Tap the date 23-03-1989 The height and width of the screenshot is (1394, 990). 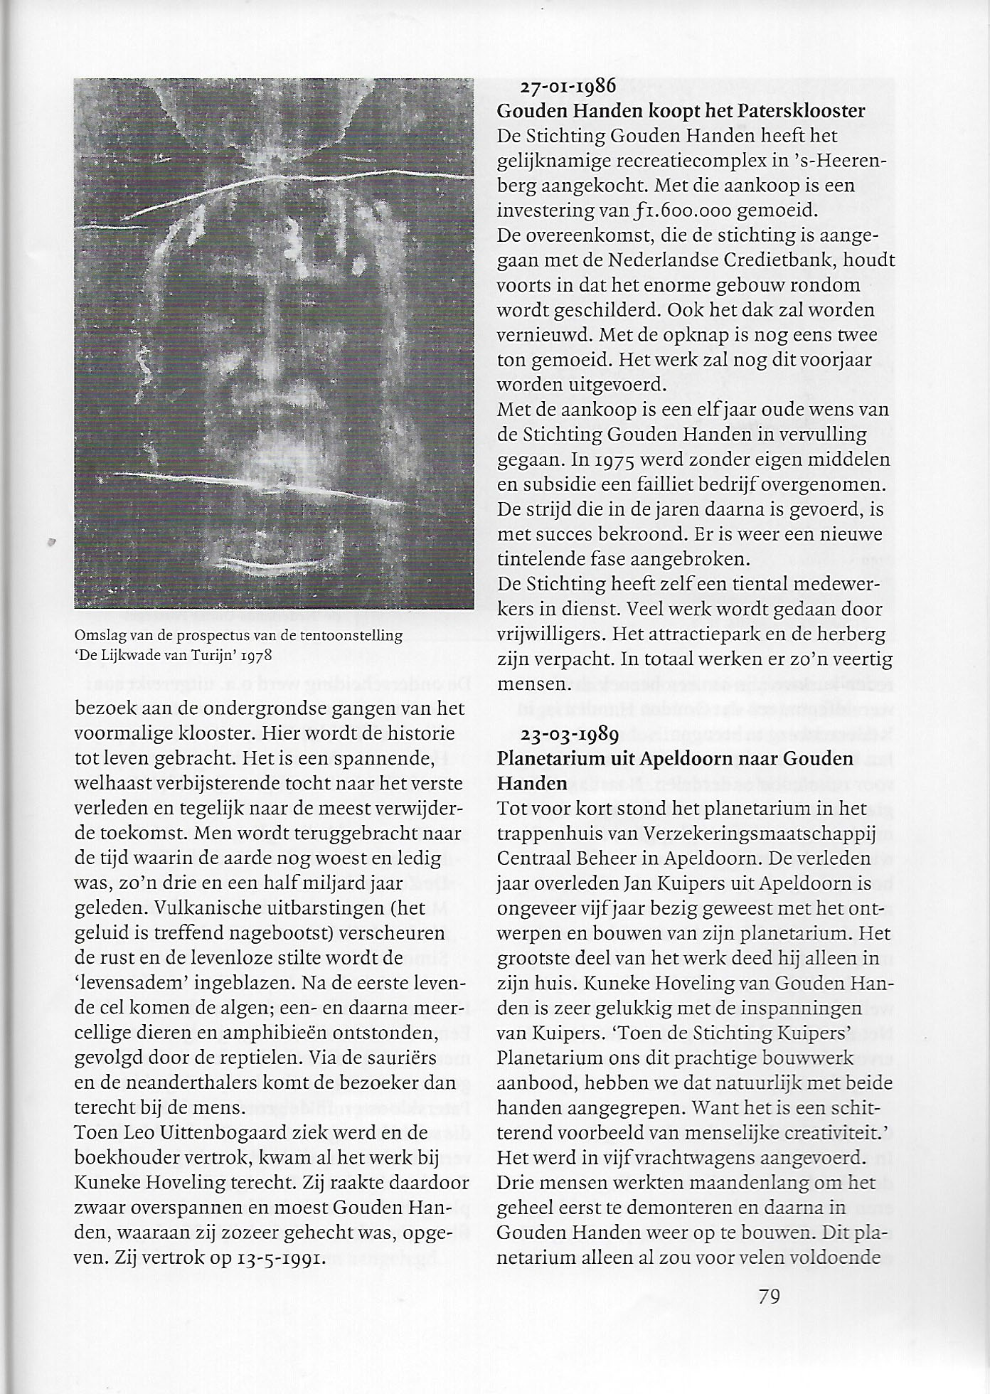click(x=568, y=734)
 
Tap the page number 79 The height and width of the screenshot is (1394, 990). click(x=770, y=1297)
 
